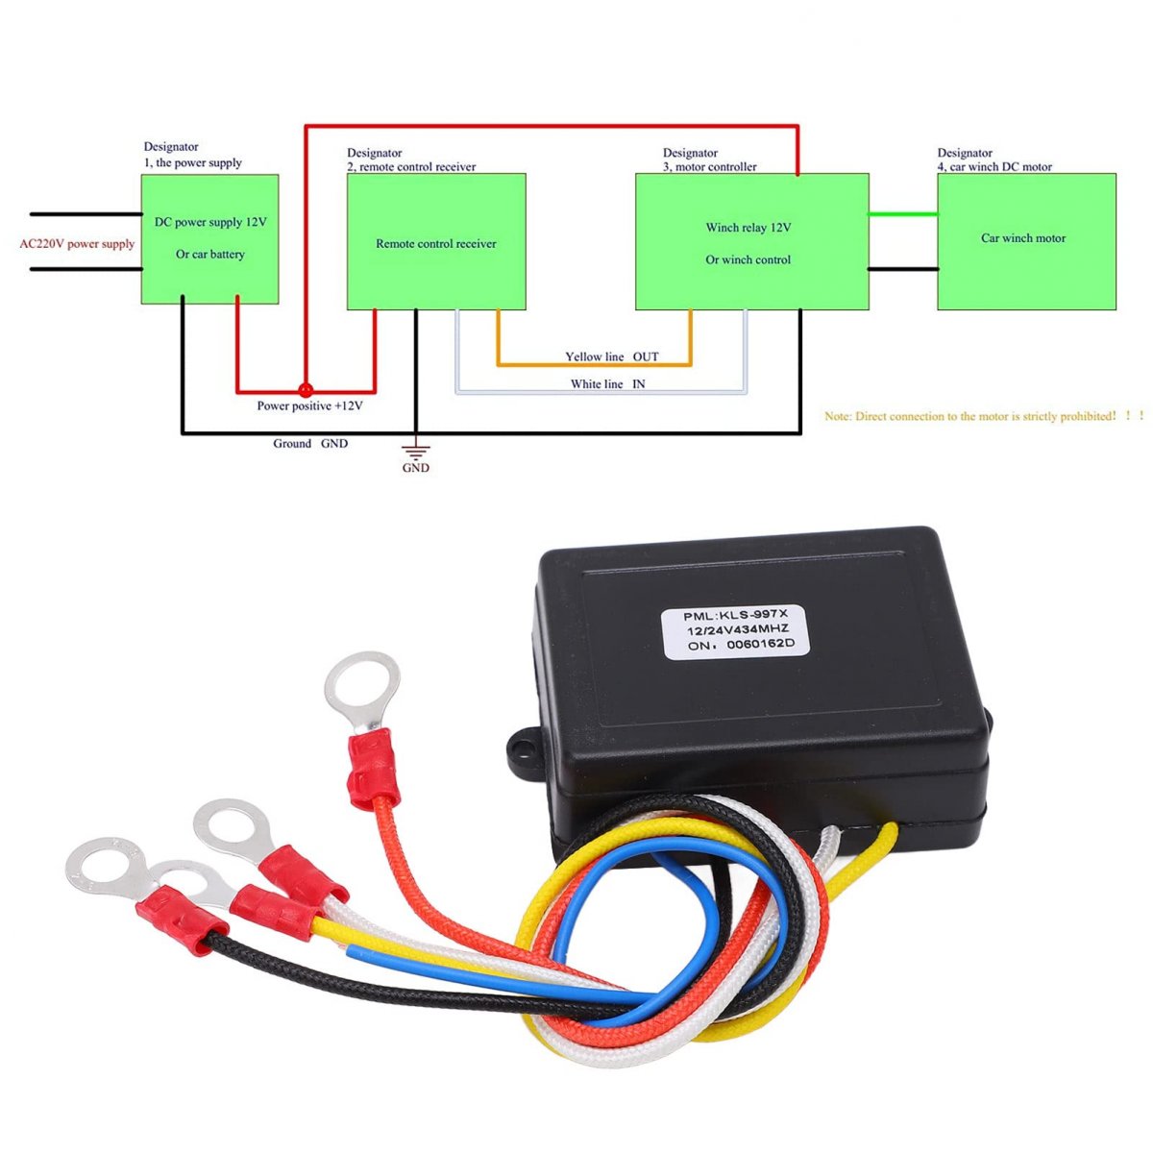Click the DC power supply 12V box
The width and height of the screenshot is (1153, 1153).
[210, 239]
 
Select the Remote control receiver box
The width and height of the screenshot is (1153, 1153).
[436, 242]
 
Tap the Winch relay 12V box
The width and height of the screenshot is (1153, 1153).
[751, 242]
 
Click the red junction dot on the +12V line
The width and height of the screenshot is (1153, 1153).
[306, 390]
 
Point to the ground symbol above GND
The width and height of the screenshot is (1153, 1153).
[416, 450]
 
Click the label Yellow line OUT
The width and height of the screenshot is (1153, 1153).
[612, 356]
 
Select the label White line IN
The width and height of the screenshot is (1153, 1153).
[607, 384]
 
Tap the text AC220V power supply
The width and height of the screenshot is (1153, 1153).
[77, 244]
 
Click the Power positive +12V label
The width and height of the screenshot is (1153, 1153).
[309, 406]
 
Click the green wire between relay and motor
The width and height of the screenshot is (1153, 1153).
[903, 214]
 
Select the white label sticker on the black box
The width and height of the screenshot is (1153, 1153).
[737, 630]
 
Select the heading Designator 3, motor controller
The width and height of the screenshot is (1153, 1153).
[709, 159]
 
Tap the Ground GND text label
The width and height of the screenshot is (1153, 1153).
[310, 444]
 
